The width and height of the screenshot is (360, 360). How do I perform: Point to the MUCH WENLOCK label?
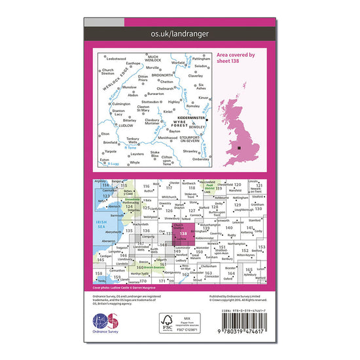click(x=158, y=58)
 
